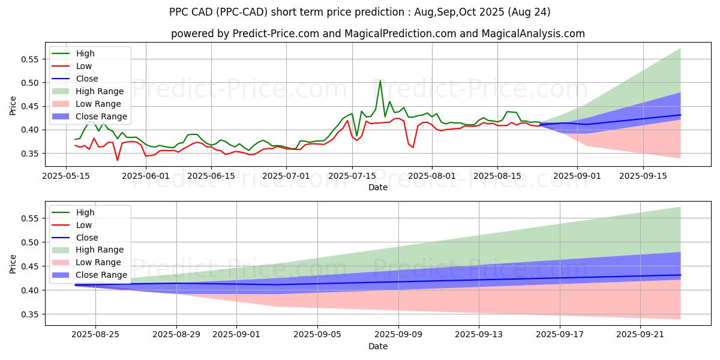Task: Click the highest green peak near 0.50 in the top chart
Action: click(380, 81)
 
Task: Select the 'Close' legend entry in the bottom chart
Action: click(87, 238)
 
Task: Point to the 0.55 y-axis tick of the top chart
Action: click(29, 59)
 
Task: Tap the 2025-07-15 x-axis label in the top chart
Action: click(352, 176)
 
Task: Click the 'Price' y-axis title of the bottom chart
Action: click(13, 263)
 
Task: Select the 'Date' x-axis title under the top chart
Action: click(378, 187)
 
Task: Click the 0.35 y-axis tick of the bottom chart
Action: click(29, 314)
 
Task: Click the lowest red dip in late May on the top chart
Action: click(118, 160)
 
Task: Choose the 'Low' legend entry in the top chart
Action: click(84, 66)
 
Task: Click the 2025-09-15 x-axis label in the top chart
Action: click(643, 176)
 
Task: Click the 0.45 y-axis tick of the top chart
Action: click(29, 106)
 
